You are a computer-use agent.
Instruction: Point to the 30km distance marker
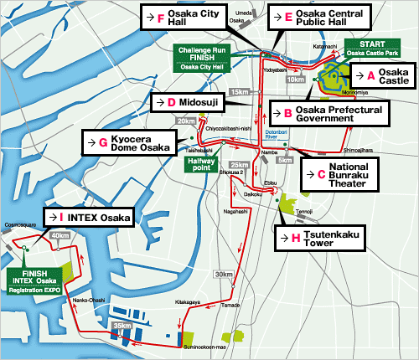[224, 275]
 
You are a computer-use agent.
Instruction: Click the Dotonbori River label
[277, 133]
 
